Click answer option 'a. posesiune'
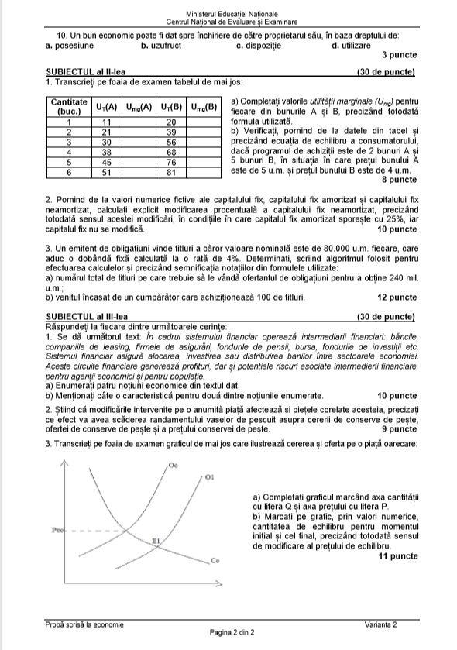coord(71,46)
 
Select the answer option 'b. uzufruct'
coord(164,46)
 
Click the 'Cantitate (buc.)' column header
coord(69,106)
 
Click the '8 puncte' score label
coord(399,179)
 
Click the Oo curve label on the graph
coord(172,464)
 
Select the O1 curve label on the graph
coord(209,478)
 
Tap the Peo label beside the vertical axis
coord(56,531)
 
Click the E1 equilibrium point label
coord(156,540)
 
